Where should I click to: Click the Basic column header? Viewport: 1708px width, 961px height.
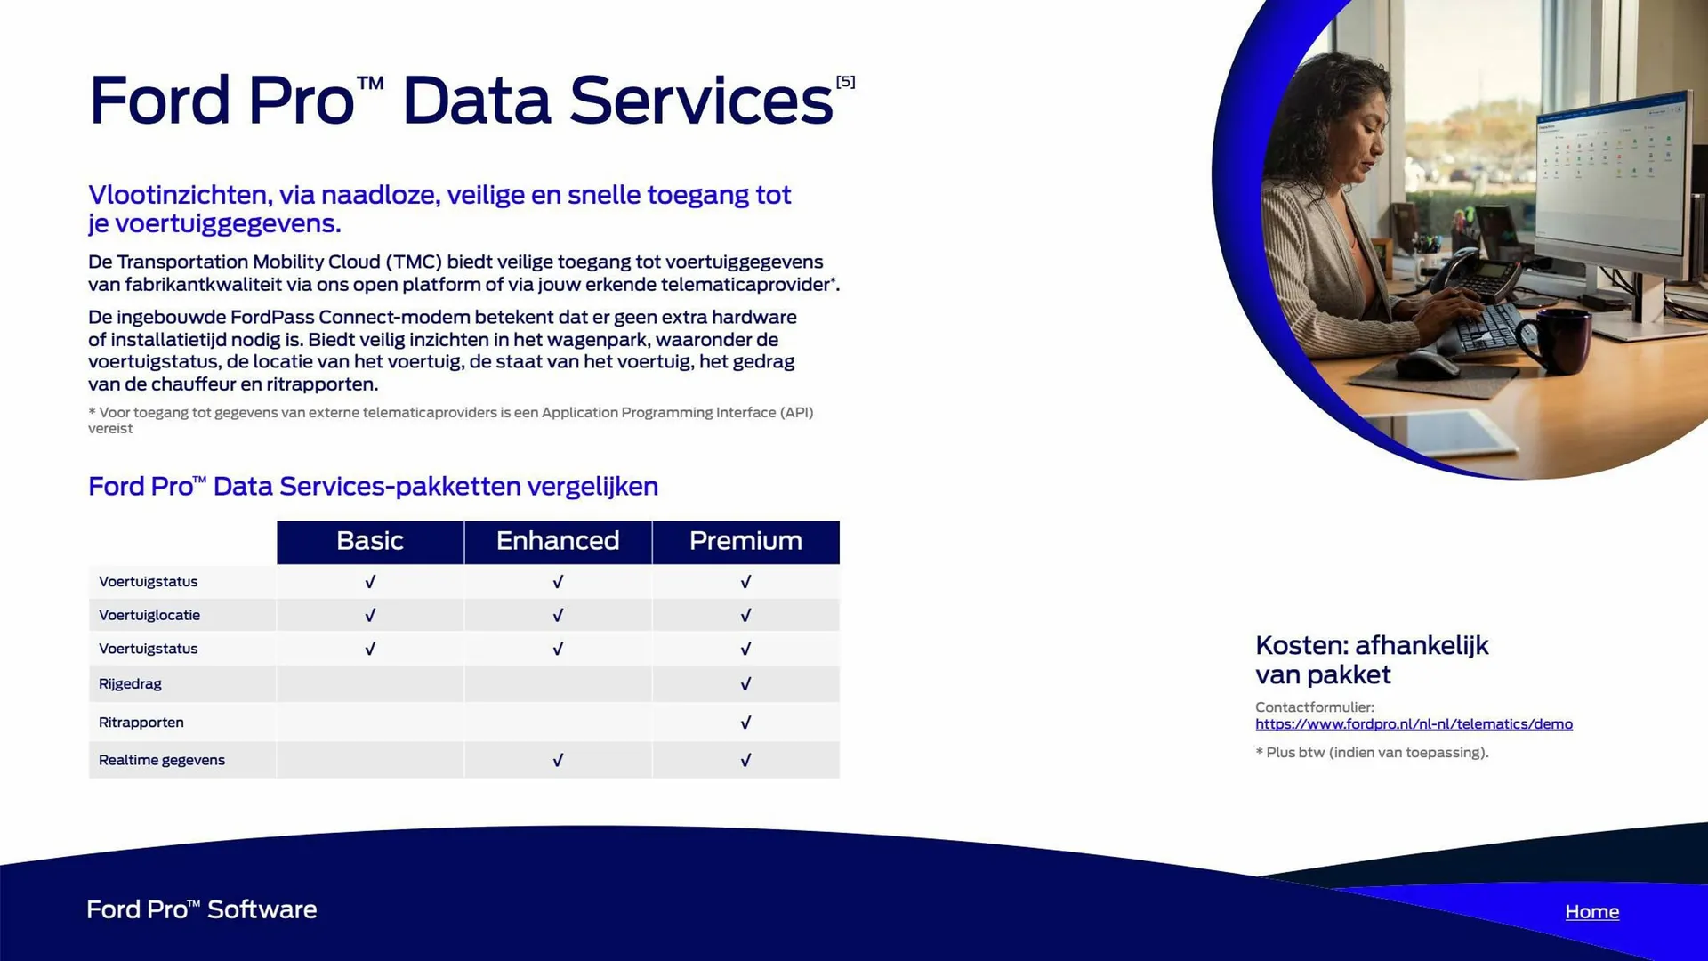tap(370, 541)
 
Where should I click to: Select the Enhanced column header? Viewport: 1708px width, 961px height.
tap(558, 541)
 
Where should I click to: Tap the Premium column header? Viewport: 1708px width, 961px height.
tap(745, 541)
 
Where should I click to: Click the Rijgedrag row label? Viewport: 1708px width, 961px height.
tap(130, 683)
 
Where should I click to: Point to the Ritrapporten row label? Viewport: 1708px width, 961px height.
tap(141, 722)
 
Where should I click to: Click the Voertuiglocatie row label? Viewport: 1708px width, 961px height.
tap(149, 615)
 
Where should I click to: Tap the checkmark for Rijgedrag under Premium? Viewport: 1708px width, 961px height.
tap(745, 683)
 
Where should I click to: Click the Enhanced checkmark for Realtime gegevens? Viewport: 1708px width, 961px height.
tap(558, 760)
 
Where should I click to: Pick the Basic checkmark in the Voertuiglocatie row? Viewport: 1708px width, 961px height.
tap(370, 615)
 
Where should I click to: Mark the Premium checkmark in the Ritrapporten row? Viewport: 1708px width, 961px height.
tap(745, 722)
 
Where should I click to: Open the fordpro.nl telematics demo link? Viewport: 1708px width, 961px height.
tap(1414, 724)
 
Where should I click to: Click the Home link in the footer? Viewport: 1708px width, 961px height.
tap(1591, 911)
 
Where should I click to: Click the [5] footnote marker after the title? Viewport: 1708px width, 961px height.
tap(845, 82)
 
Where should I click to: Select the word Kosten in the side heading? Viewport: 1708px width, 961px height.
tap(1300, 645)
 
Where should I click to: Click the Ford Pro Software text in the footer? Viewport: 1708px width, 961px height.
tap(202, 909)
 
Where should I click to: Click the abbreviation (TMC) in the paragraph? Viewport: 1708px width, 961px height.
tap(414, 262)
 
